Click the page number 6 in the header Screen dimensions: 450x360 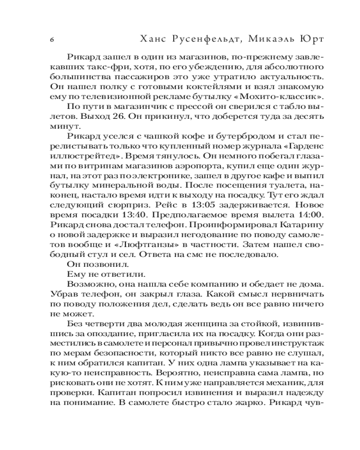(x=52, y=39)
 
